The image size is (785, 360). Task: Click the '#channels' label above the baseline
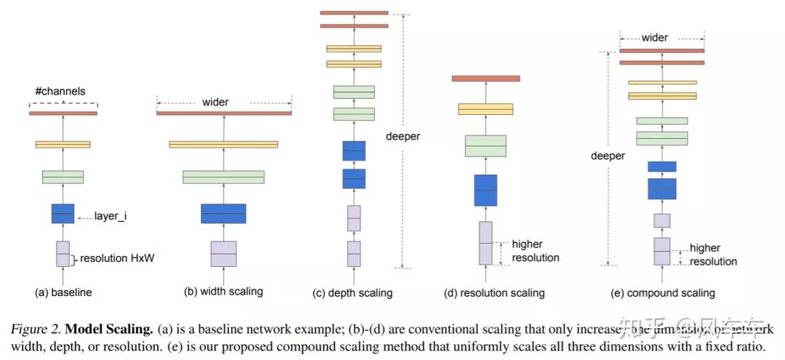(60, 92)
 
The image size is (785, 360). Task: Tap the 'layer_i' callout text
(110, 216)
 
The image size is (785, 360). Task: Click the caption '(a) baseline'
(63, 292)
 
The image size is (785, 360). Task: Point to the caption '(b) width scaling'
(223, 292)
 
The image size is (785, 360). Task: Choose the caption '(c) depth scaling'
(353, 293)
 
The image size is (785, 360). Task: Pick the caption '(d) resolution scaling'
(494, 293)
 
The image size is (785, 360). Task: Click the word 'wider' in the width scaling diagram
(215, 102)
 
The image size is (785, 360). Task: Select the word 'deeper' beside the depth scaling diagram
(403, 136)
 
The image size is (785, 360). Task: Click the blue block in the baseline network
(63, 213)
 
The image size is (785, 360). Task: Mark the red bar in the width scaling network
(224, 113)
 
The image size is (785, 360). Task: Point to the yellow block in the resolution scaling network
(486, 109)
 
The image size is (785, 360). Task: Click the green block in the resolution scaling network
(486, 145)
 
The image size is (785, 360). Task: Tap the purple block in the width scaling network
(224, 254)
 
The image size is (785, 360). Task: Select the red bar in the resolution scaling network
(486, 78)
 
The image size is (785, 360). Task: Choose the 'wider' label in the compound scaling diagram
(655, 37)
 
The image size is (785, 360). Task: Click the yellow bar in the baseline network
(63, 144)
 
